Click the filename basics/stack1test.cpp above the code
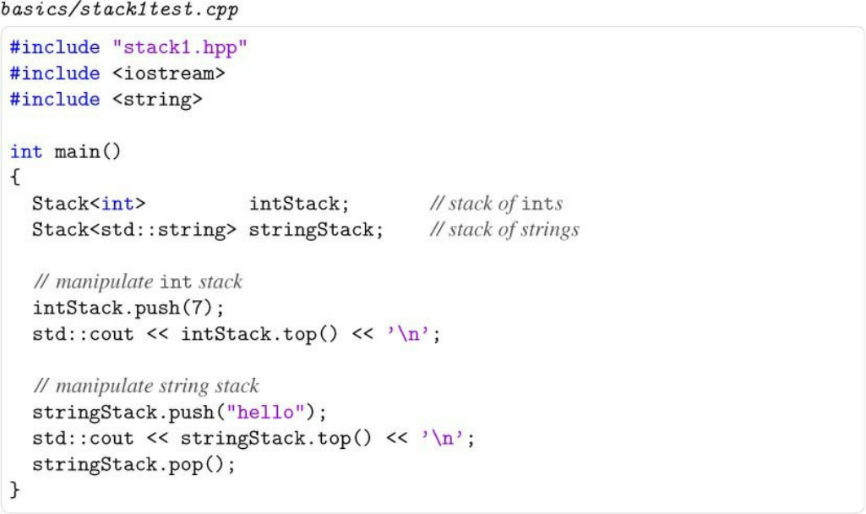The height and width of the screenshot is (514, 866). pos(119,11)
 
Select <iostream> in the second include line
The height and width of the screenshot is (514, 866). pos(169,74)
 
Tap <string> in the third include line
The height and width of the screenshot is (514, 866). pos(158,100)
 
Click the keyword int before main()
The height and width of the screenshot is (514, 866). pos(26,152)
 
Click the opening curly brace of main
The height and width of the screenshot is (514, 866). pos(14,178)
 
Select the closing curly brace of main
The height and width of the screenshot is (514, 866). pos(14,489)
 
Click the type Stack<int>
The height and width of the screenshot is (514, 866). pos(89,204)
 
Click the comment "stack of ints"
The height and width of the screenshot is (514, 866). pos(496,204)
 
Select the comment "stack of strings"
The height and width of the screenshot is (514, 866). pos(504,230)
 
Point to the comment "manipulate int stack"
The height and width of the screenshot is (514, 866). pos(138,282)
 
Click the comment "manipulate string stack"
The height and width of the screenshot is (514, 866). pos(146,386)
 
